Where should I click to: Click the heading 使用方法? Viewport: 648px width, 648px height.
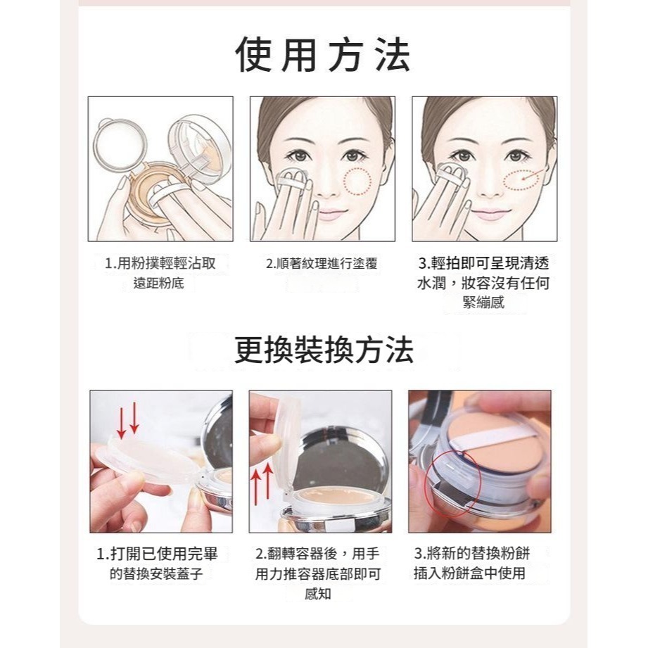pos(323,55)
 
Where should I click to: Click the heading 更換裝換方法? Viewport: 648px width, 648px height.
pos(324,350)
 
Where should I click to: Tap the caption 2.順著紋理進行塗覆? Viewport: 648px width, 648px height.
pos(322,264)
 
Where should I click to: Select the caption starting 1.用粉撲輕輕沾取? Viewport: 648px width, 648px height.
pos(160,273)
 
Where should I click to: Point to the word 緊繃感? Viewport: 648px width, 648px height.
pos(483,303)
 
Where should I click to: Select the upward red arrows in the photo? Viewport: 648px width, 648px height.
pos(262,484)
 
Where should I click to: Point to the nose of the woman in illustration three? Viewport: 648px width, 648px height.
pos(490,186)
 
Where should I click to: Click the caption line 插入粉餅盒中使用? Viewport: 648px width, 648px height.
pos(469,573)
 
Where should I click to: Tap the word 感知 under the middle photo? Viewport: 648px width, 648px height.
pos(317,594)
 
